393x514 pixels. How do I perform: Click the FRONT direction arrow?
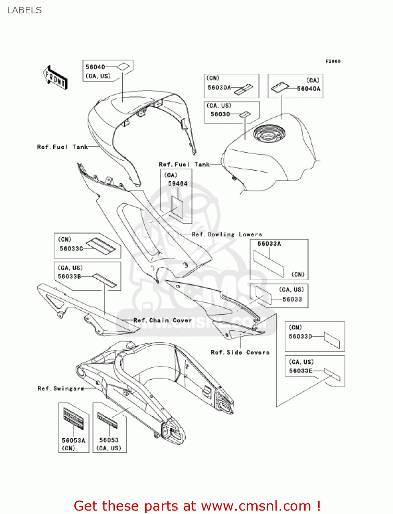[55, 78]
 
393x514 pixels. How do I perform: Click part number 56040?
[95, 67]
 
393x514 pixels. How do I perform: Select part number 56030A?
[219, 88]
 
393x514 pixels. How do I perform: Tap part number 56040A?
[308, 89]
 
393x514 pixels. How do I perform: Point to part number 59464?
[177, 184]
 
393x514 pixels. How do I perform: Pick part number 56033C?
[71, 249]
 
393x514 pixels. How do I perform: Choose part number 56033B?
[70, 277]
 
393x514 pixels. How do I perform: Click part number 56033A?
[269, 244]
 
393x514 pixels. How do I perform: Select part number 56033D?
[300, 336]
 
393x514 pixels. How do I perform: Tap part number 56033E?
[300, 371]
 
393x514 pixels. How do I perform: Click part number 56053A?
[73, 441]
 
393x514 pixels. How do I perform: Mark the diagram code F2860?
[333, 61]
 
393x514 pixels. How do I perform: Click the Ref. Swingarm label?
[61, 389]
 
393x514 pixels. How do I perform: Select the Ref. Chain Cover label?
[162, 321]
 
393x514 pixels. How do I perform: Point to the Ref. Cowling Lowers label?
[227, 235]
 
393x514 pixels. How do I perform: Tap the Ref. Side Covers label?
[240, 353]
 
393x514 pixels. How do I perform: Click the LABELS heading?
[24, 10]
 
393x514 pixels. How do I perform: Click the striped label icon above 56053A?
[73, 418]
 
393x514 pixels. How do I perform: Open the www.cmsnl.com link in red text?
[256, 506]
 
